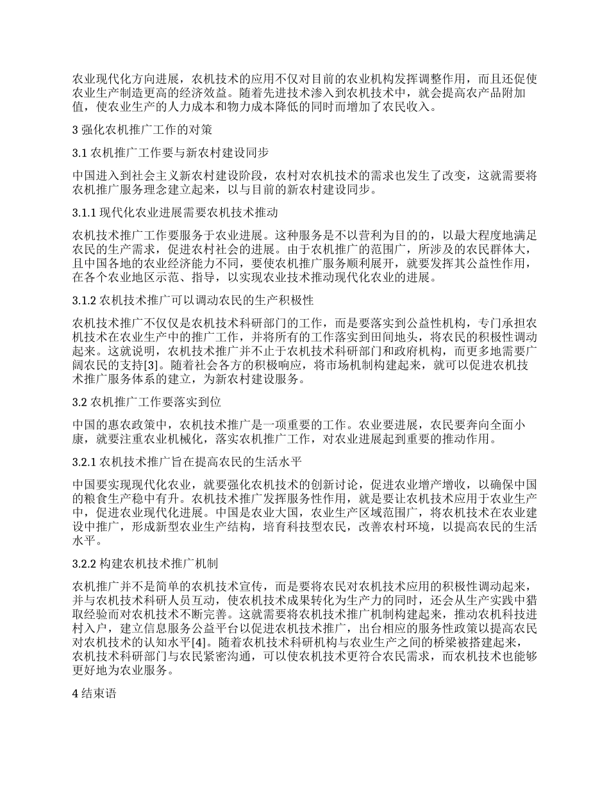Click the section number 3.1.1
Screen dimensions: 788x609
click(85, 211)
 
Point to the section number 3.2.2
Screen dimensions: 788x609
click(85, 564)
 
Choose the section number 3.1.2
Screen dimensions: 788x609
click(85, 300)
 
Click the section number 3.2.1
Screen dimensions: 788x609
click(85, 461)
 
